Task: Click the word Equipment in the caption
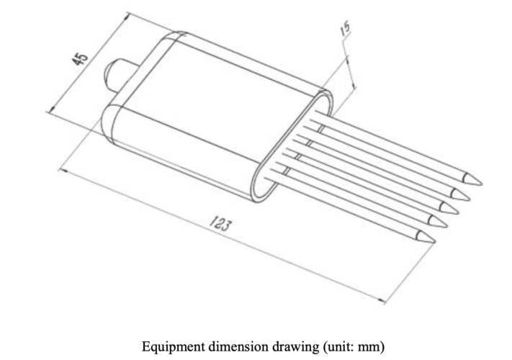click(171, 346)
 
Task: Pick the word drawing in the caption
click(286, 346)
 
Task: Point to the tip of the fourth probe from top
click(443, 222)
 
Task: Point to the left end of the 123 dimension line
click(60, 171)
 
